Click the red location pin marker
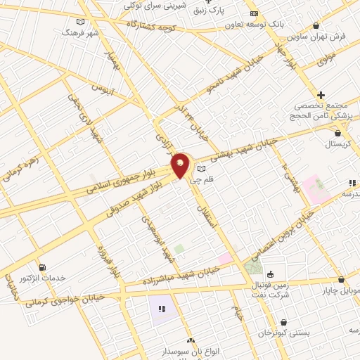(x=181, y=166)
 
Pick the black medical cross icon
(x=321, y=95)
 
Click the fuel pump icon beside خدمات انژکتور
(x=44, y=267)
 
